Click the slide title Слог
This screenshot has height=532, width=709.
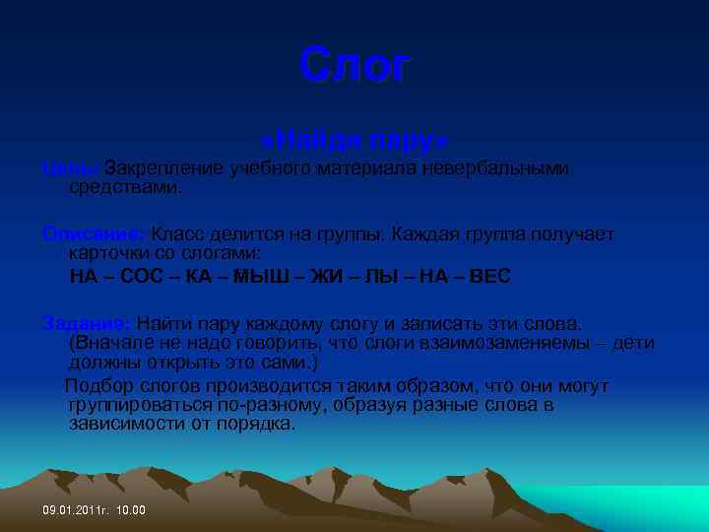354,66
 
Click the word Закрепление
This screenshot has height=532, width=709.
164,168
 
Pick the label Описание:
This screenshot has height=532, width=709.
94,234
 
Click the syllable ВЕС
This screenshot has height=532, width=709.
489,275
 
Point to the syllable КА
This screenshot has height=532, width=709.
197,275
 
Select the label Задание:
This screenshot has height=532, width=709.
87,324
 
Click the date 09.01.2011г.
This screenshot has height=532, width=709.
75,510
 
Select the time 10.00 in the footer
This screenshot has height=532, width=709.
130,510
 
